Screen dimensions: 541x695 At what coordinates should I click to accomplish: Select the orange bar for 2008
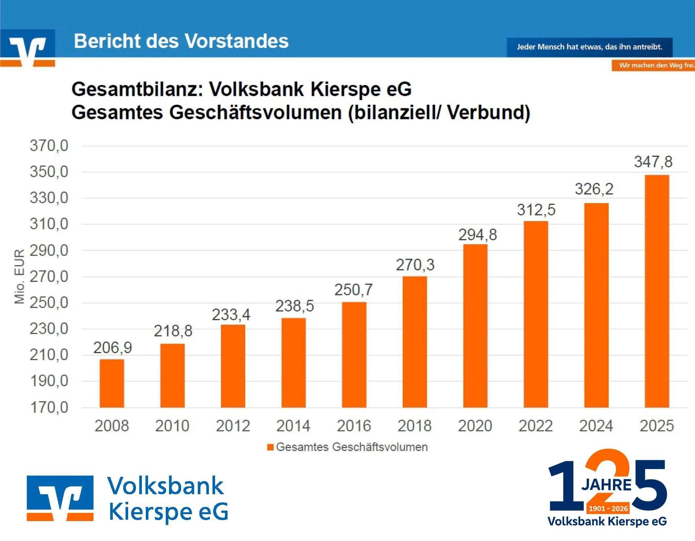(112, 383)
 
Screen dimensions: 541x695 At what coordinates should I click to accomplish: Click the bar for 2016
(354, 355)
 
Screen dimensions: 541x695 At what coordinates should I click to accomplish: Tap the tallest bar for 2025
(657, 291)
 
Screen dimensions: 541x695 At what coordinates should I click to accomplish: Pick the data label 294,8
(477, 235)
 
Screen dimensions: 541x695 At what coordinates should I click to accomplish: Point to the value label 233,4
(231, 315)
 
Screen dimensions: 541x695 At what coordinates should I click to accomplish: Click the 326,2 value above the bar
(594, 189)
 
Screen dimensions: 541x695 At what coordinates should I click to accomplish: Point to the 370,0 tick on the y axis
(49, 146)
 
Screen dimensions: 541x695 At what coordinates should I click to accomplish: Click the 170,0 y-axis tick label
(49, 408)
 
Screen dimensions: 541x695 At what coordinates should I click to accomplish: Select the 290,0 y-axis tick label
(49, 251)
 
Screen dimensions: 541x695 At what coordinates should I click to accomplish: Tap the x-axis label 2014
(293, 426)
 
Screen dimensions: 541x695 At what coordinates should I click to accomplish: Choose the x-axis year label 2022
(535, 426)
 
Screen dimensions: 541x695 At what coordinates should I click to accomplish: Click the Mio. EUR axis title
(20, 276)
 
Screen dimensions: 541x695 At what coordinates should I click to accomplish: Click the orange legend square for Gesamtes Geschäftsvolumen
(270, 447)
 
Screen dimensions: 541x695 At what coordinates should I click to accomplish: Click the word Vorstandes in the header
(237, 41)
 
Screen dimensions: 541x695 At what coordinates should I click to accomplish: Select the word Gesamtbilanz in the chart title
(137, 89)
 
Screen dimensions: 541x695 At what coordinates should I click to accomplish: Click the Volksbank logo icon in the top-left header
(28, 48)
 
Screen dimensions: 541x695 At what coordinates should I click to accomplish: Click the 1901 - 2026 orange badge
(608, 508)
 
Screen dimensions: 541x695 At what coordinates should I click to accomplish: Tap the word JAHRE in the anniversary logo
(606, 485)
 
